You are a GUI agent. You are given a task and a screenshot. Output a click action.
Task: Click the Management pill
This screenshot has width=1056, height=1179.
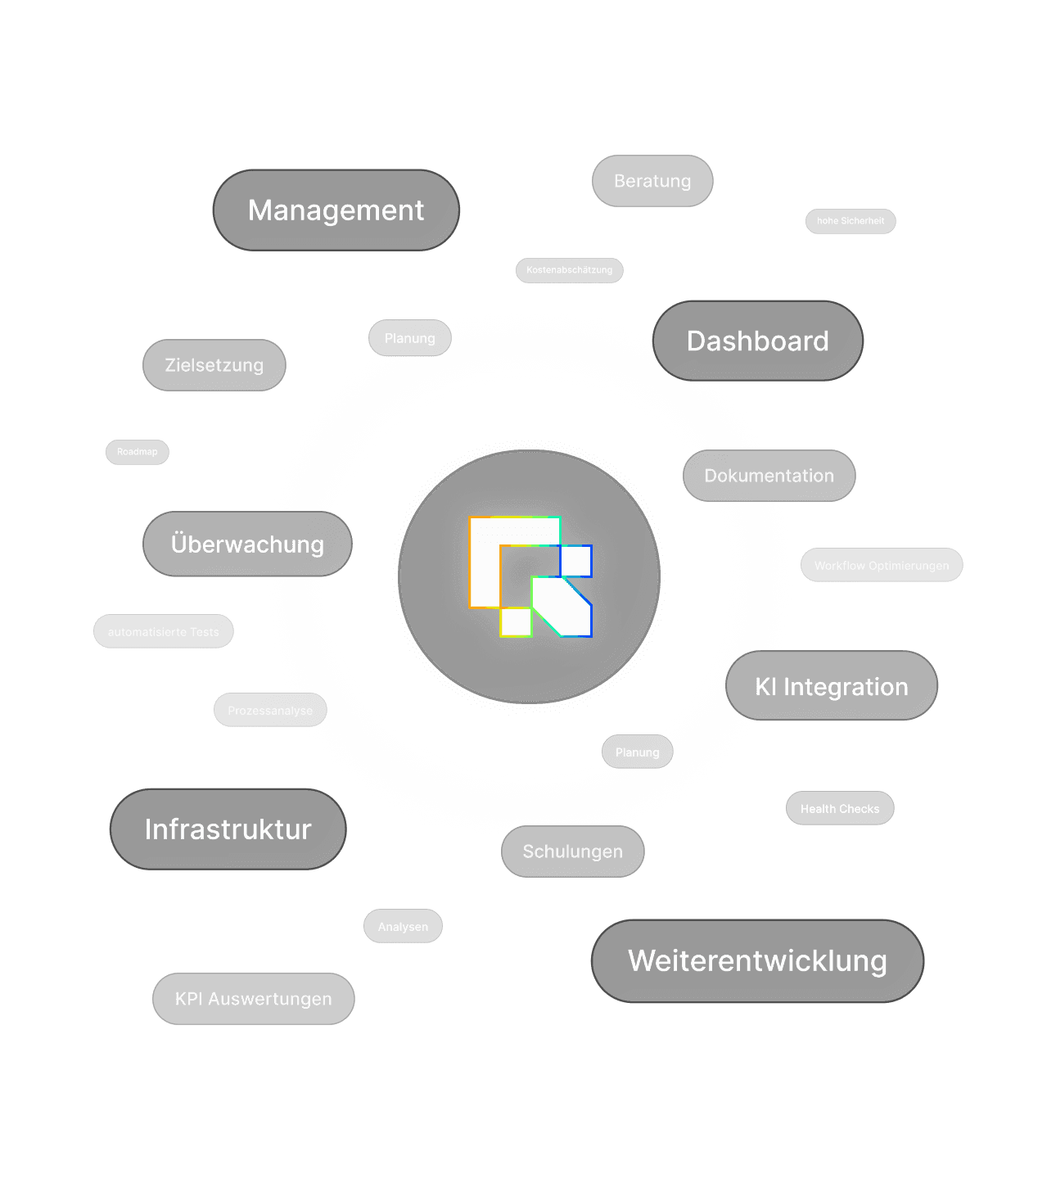336,210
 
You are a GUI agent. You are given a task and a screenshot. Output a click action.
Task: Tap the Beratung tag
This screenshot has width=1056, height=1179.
652,181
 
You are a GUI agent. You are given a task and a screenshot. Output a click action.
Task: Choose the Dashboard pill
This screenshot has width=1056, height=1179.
757,341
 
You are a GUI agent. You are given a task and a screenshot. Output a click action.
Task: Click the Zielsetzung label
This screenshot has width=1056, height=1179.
214,365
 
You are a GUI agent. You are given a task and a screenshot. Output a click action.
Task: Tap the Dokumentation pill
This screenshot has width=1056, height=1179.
769,476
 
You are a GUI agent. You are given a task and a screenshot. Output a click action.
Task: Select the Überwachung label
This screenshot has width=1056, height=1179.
247,544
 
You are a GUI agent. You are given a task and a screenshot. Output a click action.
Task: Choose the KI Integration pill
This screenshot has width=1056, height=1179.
831,687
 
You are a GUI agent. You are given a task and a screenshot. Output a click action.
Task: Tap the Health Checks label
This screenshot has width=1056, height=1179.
840,809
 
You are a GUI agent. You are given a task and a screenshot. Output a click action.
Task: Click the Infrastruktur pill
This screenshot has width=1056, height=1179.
228,829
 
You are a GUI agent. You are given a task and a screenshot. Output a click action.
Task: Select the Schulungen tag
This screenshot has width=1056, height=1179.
572,851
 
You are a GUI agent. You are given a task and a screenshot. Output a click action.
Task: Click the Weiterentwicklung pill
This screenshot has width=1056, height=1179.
757,961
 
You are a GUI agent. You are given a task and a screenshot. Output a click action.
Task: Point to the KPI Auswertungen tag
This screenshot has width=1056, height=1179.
253,999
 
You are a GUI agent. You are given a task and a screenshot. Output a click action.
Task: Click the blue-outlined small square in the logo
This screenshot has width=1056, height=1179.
575,561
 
